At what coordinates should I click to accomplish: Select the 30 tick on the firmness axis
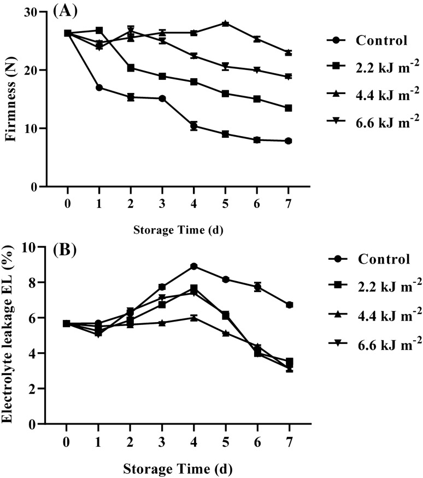34,12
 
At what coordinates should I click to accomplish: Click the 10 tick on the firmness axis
34,129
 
